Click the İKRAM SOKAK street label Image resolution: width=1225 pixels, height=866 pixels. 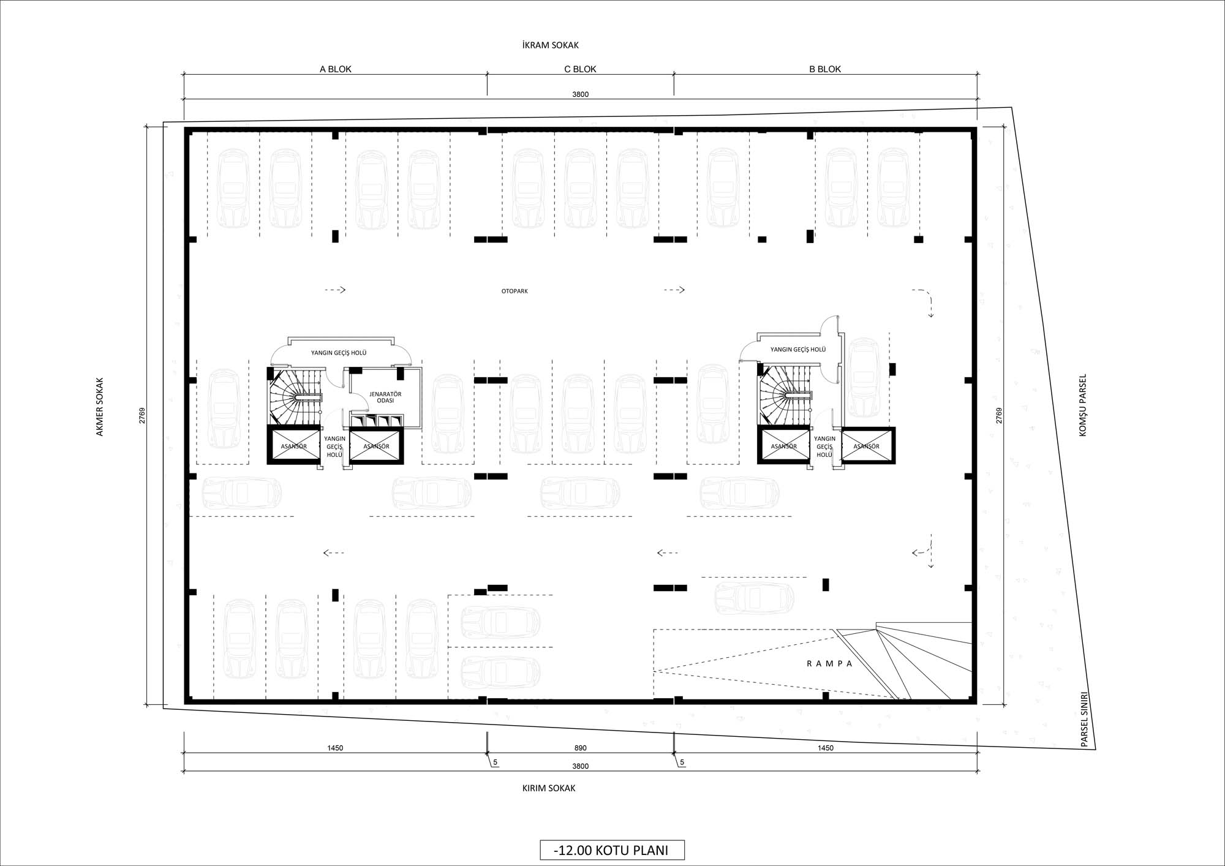[x=550, y=45]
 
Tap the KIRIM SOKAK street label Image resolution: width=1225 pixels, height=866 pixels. [x=549, y=788]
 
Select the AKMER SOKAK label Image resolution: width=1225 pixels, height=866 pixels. [x=100, y=407]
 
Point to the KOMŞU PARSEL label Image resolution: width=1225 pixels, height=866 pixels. [x=1082, y=405]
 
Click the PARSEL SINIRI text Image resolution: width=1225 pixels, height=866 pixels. [x=1084, y=720]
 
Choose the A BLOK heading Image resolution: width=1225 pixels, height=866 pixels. [x=336, y=69]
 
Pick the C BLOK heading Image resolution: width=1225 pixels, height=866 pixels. [x=580, y=69]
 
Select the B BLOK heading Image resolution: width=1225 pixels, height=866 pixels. [x=825, y=69]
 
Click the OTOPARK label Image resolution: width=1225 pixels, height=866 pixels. [x=514, y=291]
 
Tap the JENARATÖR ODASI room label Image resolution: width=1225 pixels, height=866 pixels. [x=385, y=397]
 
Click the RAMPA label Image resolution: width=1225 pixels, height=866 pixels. [x=829, y=663]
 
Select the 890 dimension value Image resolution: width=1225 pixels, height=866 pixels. [x=581, y=748]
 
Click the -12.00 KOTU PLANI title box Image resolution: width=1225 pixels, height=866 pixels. [x=612, y=850]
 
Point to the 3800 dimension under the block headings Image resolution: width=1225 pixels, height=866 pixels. [x=581, y=94]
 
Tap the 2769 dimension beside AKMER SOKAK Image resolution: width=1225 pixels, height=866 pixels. [x=141, y=416]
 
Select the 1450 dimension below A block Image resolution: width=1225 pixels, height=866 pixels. [x=335, y=748]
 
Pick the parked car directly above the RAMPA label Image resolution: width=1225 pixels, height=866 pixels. [x=755, y=598]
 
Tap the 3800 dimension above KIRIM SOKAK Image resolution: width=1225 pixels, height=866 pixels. [x=581, y=766]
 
